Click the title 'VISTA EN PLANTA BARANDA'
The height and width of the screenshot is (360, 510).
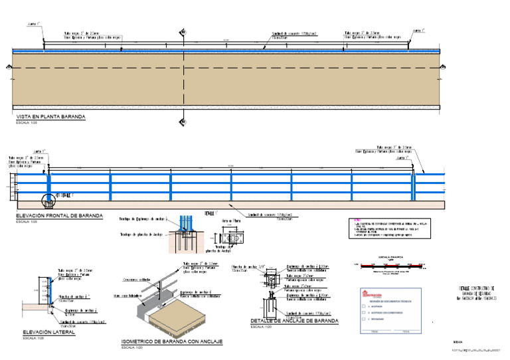click(50, 117)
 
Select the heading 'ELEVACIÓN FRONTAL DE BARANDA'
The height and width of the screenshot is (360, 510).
click(58, 216)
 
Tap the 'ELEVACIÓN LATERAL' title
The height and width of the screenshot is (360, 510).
click(48, 332)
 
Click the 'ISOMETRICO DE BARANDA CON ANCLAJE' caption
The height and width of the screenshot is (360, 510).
click(171, 341)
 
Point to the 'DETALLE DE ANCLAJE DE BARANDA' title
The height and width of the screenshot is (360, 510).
click(294, 321)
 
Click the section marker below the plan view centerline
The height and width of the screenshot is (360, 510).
click(182, 122)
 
